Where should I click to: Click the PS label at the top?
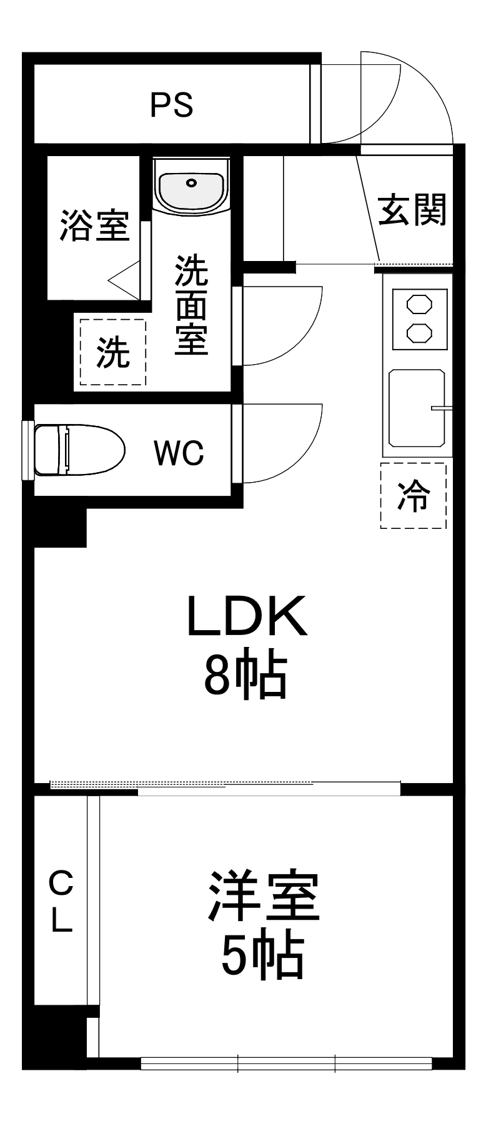coord(171,105)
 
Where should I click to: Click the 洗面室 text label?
coord(191,305)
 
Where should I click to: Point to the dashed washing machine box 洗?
coord(112,352)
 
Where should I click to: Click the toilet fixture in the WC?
coord(78,450)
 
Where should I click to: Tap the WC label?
coord(179,453)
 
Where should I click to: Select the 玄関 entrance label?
coord(412,210)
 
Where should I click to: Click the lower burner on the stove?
coord(419,332)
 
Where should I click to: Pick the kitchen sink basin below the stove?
coord(417,408)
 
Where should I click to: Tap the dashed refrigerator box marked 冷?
coord(414,496)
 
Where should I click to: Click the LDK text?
coord(247,616)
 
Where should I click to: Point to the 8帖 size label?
coord(245,676)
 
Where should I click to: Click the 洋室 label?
coord(264,897)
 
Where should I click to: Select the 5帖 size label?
coord(262,956)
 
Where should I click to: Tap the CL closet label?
coord(61,901)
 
